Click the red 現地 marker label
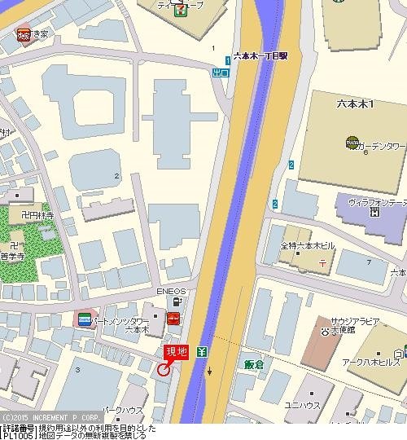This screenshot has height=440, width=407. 177,351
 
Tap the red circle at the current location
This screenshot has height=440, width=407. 164,369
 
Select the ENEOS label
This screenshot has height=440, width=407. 172,291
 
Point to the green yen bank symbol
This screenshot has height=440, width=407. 202,352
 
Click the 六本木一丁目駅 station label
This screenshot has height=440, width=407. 260,55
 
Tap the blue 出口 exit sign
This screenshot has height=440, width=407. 221,73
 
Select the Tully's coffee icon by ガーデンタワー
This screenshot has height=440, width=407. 352,144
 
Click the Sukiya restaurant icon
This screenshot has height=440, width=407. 24,34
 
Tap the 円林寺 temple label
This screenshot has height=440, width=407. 37,216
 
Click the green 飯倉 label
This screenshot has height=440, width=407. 255,364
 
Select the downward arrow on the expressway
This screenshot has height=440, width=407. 211,372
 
